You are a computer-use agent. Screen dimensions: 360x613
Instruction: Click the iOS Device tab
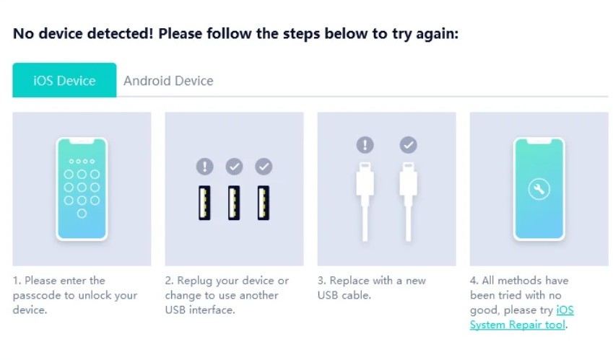click(64, 80)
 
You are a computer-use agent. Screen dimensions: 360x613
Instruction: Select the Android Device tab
click(168, 80)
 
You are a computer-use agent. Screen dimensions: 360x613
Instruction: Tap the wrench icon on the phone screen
click(539, 189)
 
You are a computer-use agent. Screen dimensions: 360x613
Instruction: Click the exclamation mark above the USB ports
click(204, 167)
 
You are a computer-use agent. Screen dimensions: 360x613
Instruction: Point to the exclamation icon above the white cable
click(365, 145)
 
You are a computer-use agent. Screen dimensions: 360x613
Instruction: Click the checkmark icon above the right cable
click(408, 145)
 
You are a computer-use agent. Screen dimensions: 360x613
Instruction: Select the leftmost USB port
click(204, 203)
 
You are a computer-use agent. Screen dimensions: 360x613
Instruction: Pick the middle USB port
click(234, 203)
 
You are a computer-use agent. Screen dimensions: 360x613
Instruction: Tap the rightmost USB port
click(264, 203)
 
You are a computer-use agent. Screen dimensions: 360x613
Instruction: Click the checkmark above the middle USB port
click(234, 167)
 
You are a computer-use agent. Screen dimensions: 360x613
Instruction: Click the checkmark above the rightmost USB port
click(264, 167)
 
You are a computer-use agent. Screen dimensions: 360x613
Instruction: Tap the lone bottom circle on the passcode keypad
click(82, 214)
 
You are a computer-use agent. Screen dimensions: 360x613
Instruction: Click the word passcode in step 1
click(35, 295)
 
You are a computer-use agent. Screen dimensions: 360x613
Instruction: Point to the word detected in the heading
click(114, 34)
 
